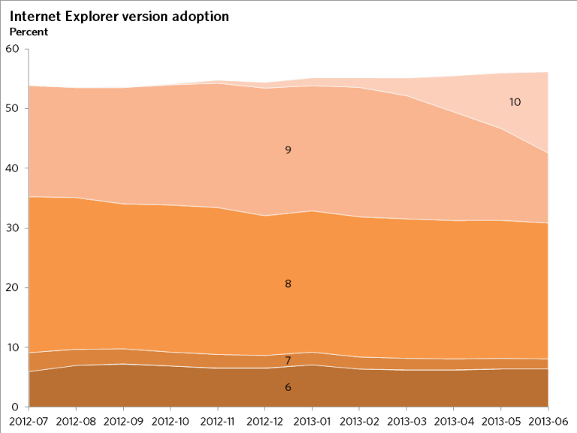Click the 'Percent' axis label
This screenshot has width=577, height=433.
(x=29, y=32)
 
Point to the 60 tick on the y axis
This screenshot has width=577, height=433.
(x=12, y=49)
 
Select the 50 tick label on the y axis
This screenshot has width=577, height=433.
(x=12, y=108)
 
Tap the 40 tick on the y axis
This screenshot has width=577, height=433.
(x=12, y=168)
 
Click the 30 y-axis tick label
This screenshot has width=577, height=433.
(x=12, y=228)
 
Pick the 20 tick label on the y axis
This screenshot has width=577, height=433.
(x=12, y=288)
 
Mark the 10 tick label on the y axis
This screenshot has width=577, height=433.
(x=12, y=347)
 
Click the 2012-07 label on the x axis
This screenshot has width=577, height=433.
(x=28, y=421)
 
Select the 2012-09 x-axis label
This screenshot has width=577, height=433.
(x=123, y=421)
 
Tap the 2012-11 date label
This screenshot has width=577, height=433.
(x=218, y=421)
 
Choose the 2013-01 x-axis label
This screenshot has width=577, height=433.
(x=313, y=421)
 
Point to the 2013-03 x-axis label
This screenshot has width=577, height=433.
(x=407, y=421)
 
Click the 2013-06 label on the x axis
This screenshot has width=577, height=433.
(x=549, y=421)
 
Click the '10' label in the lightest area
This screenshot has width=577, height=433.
(x=515, y=101)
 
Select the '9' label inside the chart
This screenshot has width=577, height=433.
(x=288, y=150)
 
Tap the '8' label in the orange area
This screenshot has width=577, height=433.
(x=288, y=284)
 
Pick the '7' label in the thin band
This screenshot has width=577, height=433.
(x=288, y=361)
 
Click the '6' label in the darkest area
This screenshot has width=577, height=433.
(x=288, y=387)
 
